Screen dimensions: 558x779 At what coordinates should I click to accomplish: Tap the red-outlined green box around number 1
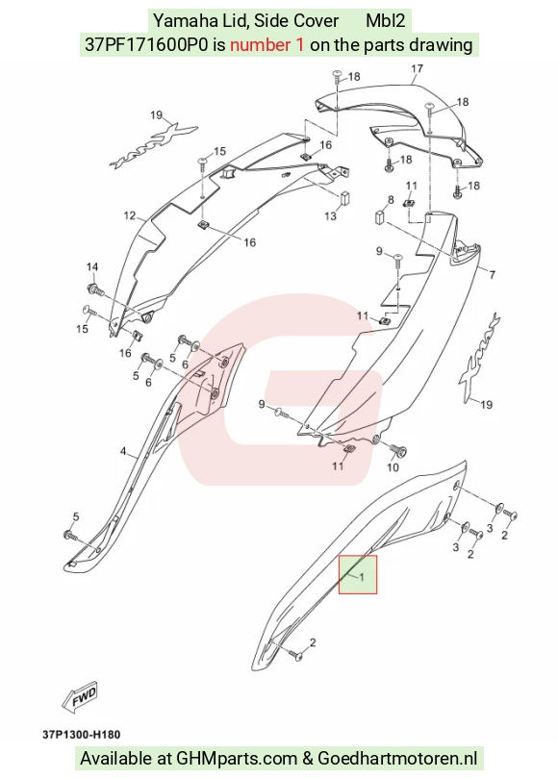(x=358, y=574)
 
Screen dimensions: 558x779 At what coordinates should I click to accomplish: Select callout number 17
(x=417, y=68)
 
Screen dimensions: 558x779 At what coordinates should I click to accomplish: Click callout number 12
(x=129, y=215)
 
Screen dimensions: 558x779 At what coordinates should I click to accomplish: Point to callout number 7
(x=493, y=274)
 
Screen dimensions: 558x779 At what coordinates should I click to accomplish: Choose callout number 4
(x=123, y=451)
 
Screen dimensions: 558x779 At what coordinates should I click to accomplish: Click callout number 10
(x=393, y=467)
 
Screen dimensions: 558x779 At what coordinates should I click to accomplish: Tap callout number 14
(x=92, y=267)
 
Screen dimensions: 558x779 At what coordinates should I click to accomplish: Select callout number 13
(x=330, y=216)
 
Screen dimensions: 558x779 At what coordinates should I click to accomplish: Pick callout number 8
(x=391, y=200)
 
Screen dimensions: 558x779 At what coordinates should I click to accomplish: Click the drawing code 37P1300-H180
(x=81, y=735)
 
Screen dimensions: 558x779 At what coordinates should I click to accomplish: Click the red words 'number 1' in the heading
(x=266, y=45)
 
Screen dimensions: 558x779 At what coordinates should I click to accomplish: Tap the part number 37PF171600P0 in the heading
(x=146, y=45)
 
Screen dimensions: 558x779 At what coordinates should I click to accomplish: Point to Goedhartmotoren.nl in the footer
(x=397, y=759)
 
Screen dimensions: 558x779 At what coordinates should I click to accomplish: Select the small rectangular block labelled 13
(x=345, y=197)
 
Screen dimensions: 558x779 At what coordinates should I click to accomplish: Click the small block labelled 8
(x=380, y=216)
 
